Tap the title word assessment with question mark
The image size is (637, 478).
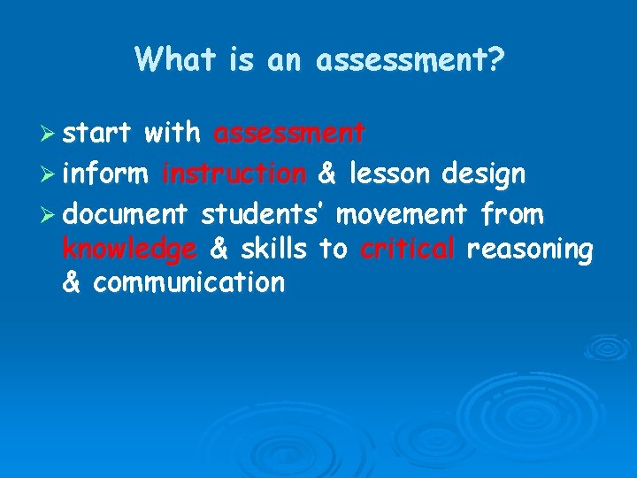(410, 60)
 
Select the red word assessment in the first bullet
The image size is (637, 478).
(289, 134)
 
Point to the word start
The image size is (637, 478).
(97, 134)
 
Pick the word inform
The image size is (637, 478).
(105, 173)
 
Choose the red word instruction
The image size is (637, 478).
(234, 173)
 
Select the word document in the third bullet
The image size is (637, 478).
(126, 213)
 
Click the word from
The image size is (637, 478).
(512, 213)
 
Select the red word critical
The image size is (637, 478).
(407, 249)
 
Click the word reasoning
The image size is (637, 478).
(529, 251)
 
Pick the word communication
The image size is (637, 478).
(188, 282)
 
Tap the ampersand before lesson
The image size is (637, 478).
(326, 173)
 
